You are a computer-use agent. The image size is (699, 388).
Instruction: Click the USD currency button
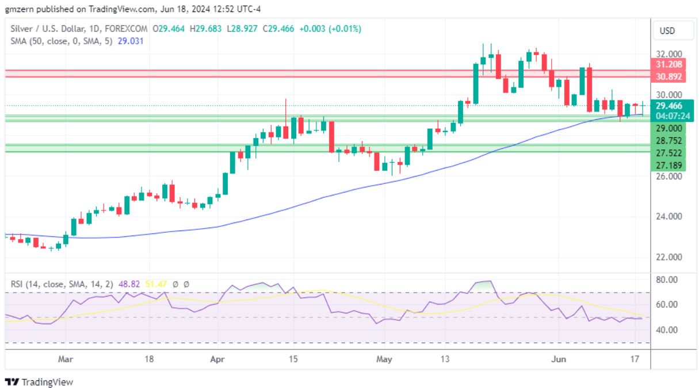pyautogui.click(x=667, y=30)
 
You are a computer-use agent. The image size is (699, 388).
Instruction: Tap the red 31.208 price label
pyautogui.click(x=667, y=65)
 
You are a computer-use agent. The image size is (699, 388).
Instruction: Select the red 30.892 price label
pyautogui.click(x=667, y=76)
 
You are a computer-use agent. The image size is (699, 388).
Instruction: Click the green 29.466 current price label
pyautogui.click(x=669, y=105)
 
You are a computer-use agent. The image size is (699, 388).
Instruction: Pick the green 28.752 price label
pyautogui.click(x=669, y=141)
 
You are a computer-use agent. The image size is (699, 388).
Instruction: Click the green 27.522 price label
pyautogui.click(x=669, y=153)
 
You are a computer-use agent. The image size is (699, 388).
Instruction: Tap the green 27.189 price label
pyautogui.click(x=669, y=166)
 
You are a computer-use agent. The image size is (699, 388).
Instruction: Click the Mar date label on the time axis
pyautogui.click(x=66, y=359)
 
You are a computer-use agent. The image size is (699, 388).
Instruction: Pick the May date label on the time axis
pyautogui.click(x=384, y=359)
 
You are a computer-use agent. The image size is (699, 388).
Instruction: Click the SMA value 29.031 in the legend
pyautogui.click(x=131, y=41)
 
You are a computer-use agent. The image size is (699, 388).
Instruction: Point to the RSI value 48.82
pyautogui.click(x=110, y=283)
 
